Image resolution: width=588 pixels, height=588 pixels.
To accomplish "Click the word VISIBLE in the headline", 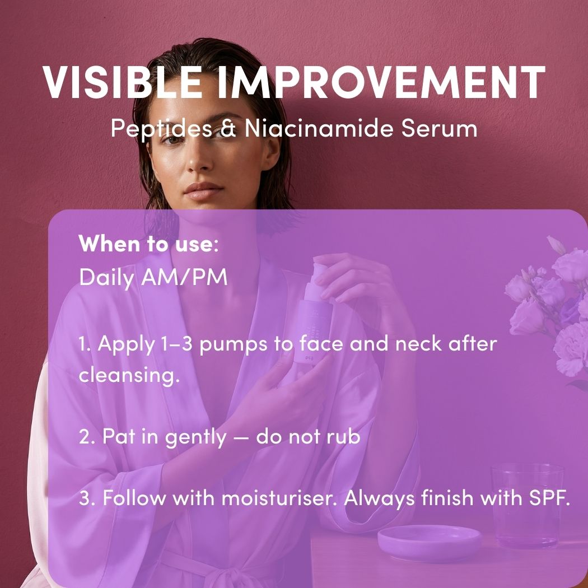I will [122, 82].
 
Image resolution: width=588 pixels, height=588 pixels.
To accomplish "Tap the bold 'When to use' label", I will [146, 245].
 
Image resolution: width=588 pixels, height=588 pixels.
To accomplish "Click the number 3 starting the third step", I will [84, 498].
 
